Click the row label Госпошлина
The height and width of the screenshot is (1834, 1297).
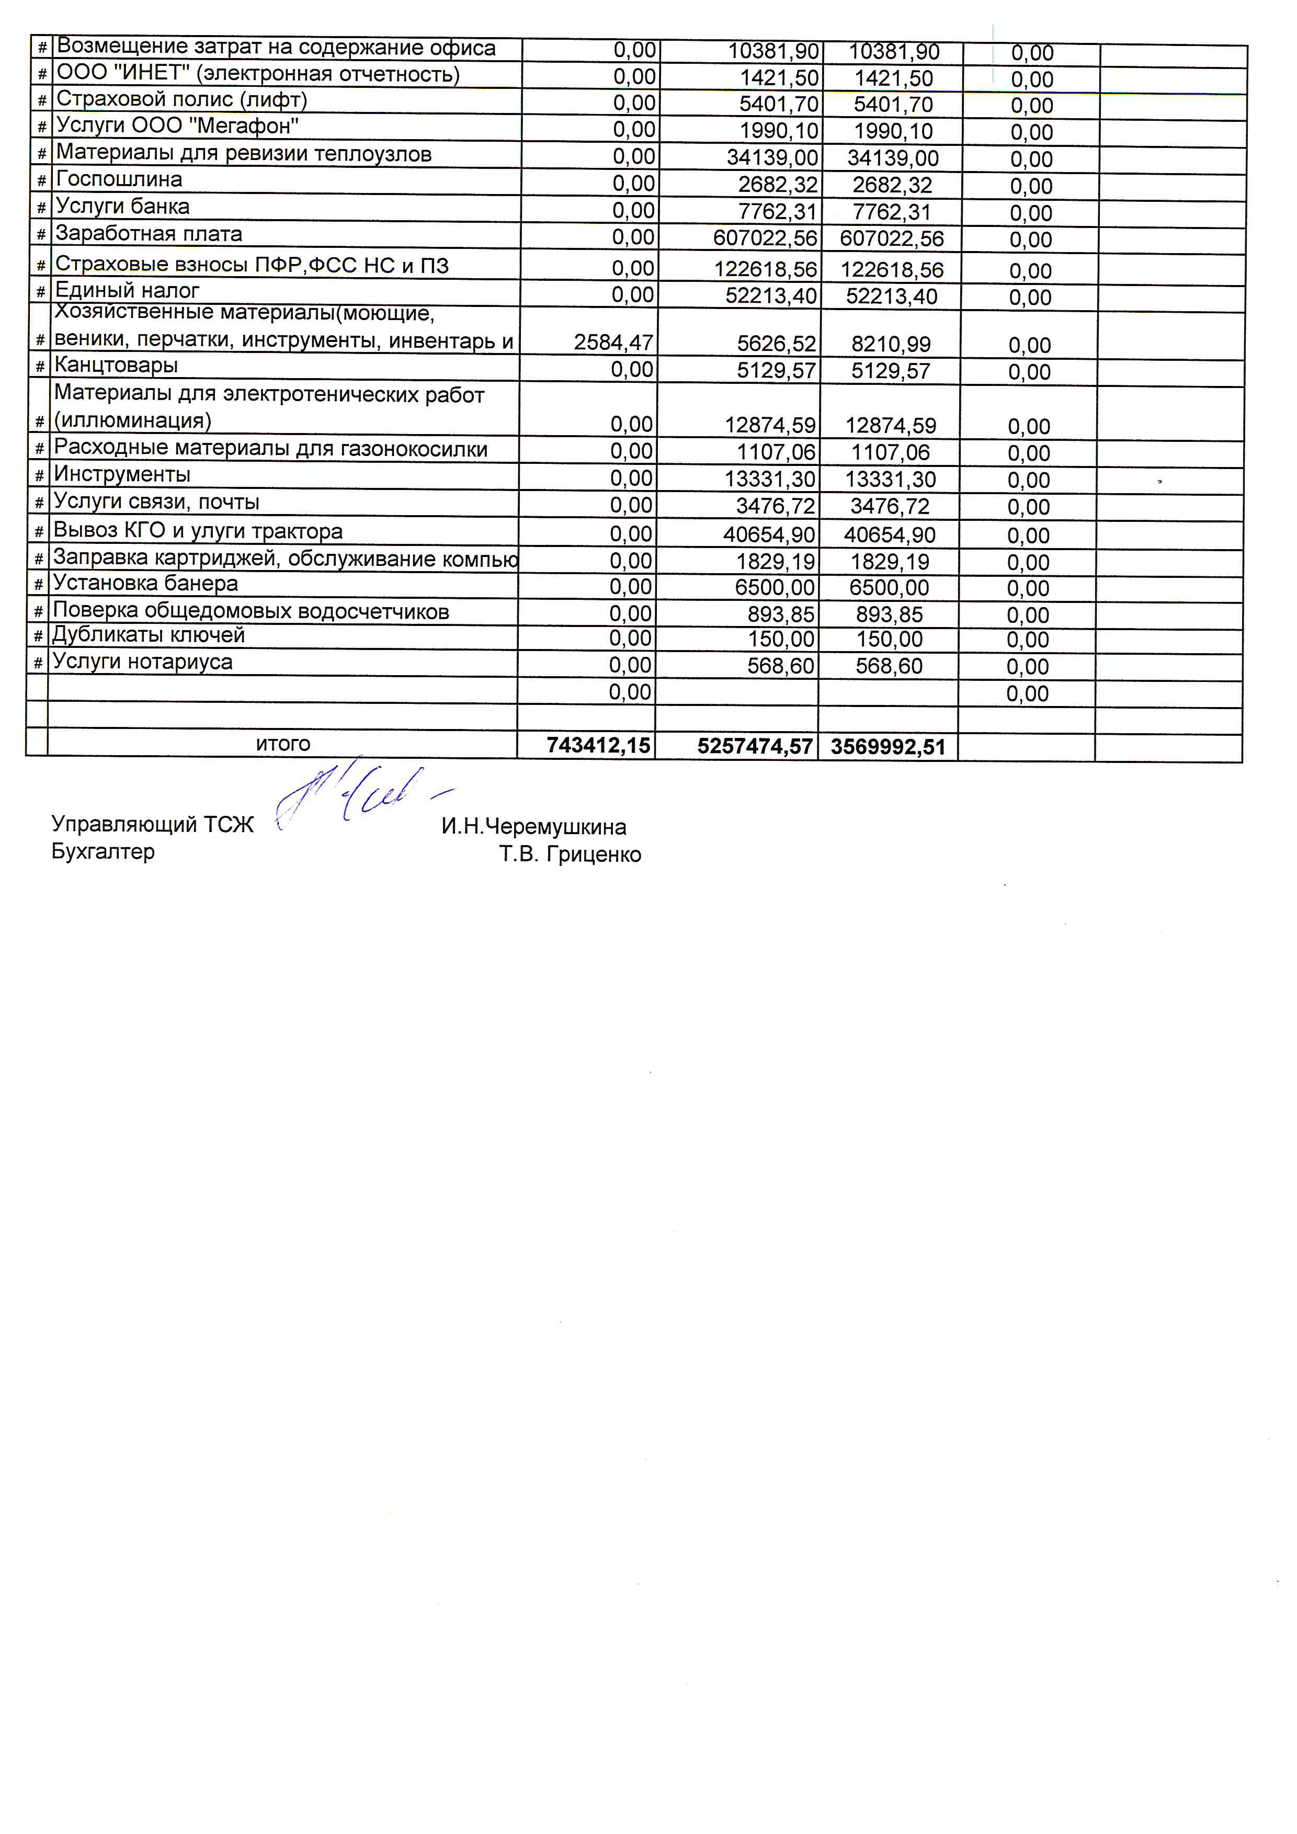[x=119, y=180]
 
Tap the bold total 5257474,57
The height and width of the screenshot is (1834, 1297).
[x=755, y=747]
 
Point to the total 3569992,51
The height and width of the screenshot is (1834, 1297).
[x=888, y=748]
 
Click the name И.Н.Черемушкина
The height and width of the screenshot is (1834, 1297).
[x=533, y=827]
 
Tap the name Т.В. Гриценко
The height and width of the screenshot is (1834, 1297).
[x=570, y=855]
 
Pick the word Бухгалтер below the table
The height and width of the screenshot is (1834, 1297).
[x=103, y=851]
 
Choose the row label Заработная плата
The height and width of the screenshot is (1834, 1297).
[x=149, y=234]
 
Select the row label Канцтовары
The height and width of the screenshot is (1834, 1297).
[x=116, y=366]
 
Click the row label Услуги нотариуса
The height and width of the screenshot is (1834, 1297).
[x=142, y=662]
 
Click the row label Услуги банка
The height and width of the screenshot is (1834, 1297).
[x=122, y=207]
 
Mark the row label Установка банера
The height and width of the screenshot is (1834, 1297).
[x=145, y=584]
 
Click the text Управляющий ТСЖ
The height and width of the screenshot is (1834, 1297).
[x=153, y=824]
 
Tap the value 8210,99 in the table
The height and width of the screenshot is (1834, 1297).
[x=891, y=344]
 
